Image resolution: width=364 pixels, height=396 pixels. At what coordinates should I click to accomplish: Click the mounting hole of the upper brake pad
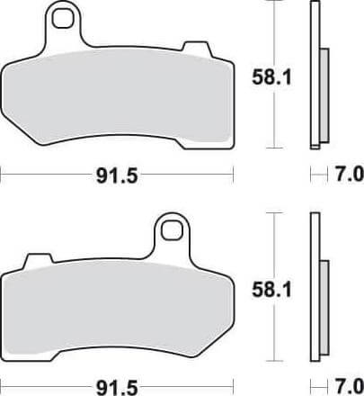[x=62, y=19]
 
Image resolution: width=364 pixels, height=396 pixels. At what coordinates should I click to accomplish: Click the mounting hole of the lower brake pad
[x=172, y=231]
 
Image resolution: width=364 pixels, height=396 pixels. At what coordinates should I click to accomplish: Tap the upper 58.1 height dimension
[x=271, y=77]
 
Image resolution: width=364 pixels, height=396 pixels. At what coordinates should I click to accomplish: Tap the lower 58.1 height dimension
[x=271, y=290]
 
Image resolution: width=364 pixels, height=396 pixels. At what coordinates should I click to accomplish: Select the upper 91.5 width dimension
[x=117, y=176]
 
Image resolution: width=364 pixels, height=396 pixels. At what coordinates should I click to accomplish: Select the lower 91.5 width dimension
[x=117, y=388]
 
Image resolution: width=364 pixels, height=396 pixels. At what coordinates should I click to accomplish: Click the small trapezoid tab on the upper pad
[x=196, y=48]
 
